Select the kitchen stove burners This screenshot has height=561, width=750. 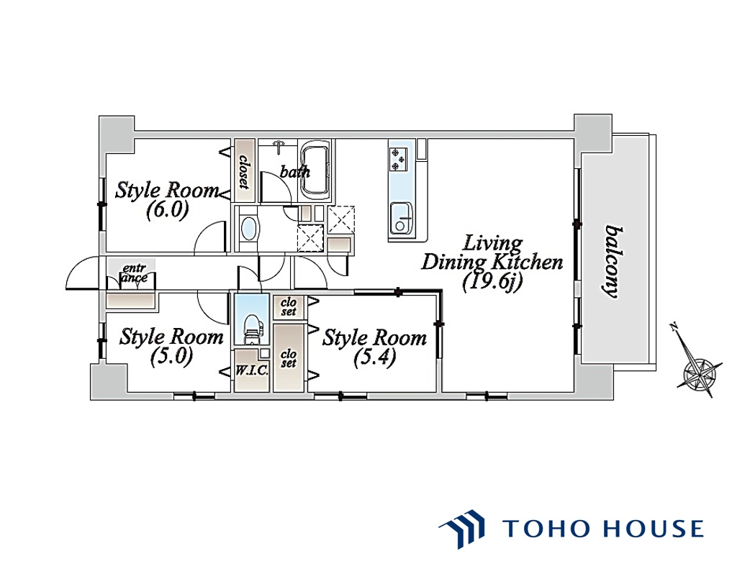click(x=398, y=159)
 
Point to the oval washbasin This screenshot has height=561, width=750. click(x=248, y=229)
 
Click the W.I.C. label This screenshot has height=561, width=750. click(x=252, y=371)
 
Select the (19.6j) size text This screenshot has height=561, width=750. click(x=492, y=282)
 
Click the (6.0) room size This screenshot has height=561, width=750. click(x=167, y=210)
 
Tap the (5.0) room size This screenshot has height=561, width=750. click(x=171, y=356)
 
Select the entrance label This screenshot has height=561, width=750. click(x=135, y=273)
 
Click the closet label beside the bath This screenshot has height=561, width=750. click(x=244, y=171)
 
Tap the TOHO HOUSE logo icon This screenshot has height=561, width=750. click(x=462, y=528)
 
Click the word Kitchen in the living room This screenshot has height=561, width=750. click(x=528, y=263)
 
